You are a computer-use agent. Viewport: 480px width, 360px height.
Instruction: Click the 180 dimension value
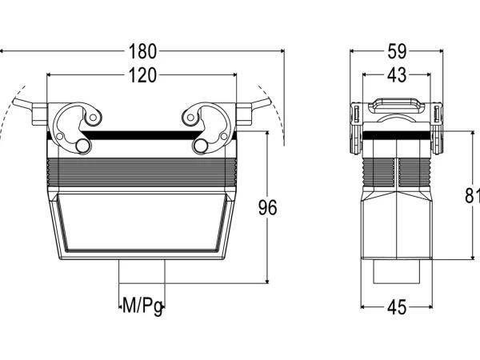click(x=142, y=51)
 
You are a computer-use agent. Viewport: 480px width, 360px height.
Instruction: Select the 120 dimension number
click(x=142, y=75)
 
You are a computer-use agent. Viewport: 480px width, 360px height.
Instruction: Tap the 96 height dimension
click(x=267, y=207)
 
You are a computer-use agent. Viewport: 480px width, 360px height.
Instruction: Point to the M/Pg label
click(x=142, y=306)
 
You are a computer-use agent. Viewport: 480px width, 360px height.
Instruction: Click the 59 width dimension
click(x=397, y=51)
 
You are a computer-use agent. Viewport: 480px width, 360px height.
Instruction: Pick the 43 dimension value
click(x=397, y=75)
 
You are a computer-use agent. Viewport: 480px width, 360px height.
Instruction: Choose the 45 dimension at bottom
click(x=397, y=307)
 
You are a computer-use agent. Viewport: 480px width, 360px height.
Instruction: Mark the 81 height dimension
click(x=472, y=195)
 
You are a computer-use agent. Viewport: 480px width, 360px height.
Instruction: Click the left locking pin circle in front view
click(x=82, y=146)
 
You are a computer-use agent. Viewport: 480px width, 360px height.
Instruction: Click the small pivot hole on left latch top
click(x=93, y=118)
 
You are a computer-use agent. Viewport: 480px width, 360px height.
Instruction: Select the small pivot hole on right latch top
click(x=190, y=118)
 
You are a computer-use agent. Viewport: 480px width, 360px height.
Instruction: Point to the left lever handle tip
click(x=15, y=102)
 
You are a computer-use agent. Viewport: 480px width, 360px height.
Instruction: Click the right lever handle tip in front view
click(x=269, y=102)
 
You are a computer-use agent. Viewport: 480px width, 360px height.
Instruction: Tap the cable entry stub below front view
click(x=142, y=271)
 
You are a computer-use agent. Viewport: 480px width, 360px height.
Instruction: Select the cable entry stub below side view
click(x=397, y=271)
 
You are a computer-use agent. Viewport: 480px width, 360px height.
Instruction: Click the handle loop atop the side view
click(x=397, y=105)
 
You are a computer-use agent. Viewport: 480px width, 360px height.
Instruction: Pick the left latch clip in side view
click(x=356, y=128)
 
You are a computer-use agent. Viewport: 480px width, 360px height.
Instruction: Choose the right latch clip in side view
click(x=437, y=128)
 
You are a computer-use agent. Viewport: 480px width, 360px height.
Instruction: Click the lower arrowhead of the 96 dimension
click(x=267, y=281)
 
